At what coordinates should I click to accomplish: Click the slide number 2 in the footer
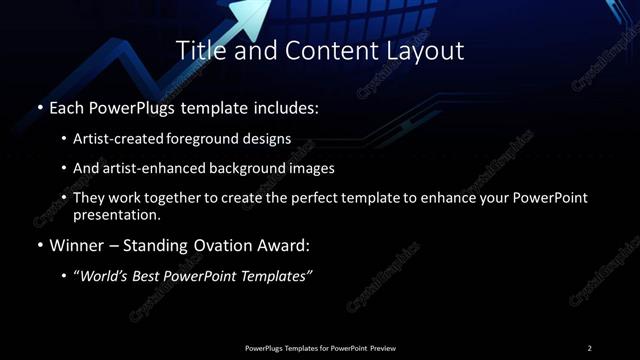click(x=590, y=348)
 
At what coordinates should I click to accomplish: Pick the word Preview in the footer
click(x=383, y=348)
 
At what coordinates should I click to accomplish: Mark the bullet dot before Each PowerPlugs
click(x=39, y=106)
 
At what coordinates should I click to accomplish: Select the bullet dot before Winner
click(x=39, y=245)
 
